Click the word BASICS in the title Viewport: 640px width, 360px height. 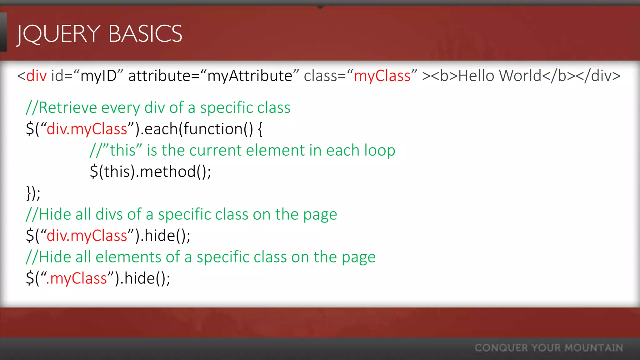[x=145, y=34]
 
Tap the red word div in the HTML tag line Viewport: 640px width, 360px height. [x=37, y=76]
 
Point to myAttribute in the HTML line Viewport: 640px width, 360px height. [x=250, y=76]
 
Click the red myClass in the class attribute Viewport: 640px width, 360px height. [x=382, y=76]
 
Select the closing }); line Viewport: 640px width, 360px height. [x=33, y=193]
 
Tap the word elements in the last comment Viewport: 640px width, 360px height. [x=128, y=257]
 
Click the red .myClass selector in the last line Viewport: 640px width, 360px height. [x=77, y=278]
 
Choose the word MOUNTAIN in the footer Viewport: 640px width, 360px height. [x=594, y=348]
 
